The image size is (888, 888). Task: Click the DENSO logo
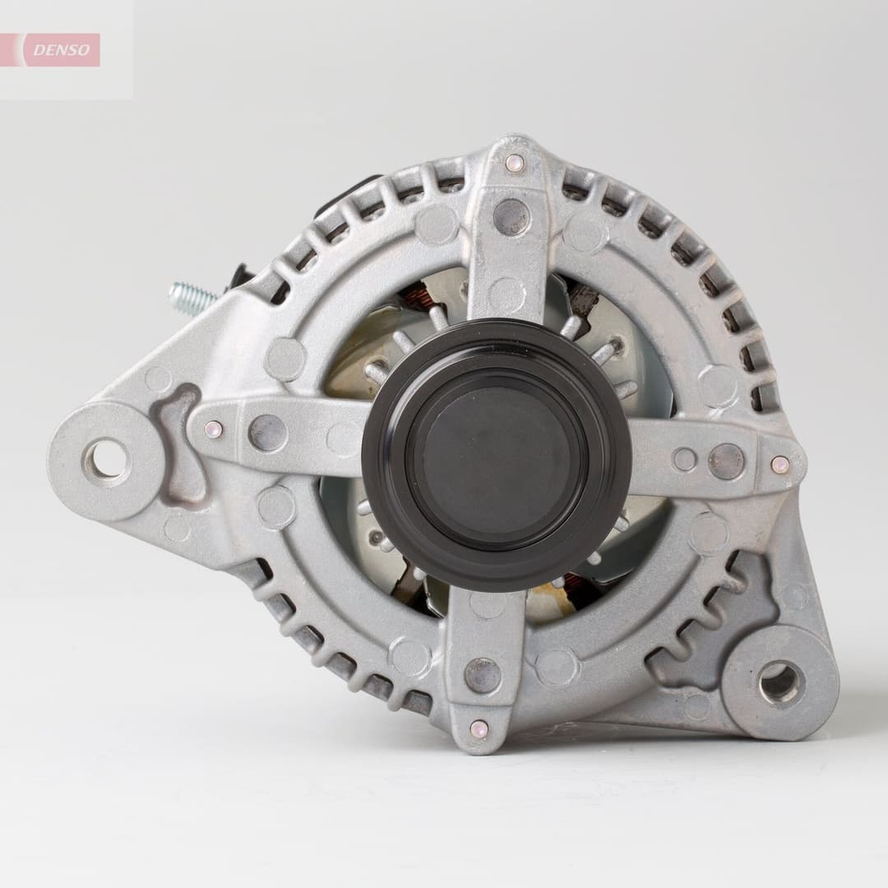tap(62, 50)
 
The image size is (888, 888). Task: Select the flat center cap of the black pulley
tap(496, 455)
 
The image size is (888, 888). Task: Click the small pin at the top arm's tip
tap(515, 163)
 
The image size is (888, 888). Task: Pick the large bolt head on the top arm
tap(511, 216)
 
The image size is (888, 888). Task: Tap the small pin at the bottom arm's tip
tap(479, 728)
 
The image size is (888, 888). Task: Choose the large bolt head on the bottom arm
tap(483, 675)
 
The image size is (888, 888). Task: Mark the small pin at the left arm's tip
tap(213, 429)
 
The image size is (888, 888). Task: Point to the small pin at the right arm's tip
tap(779, 464)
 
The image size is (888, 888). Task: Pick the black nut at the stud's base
tap(240, 276)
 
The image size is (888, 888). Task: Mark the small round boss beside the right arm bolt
tap(684, 460)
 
